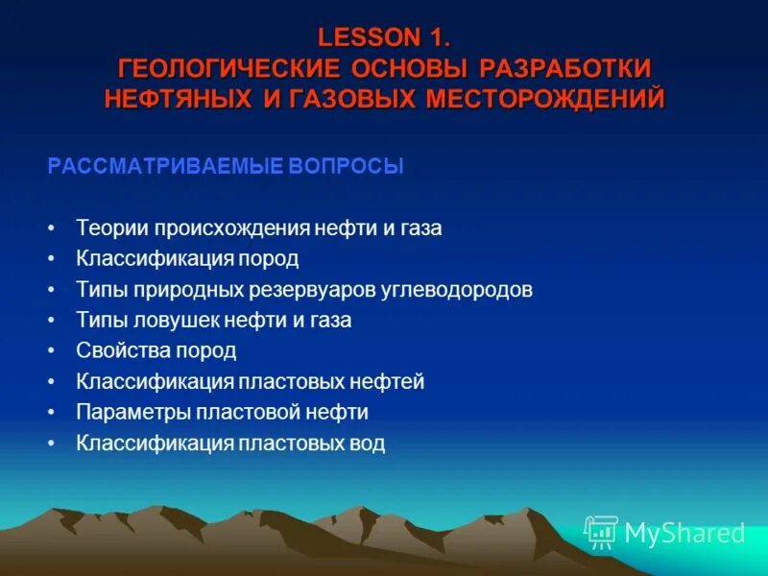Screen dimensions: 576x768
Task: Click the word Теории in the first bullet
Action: coord(108,228)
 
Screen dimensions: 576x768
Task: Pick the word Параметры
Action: coord(133,412)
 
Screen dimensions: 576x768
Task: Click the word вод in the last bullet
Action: coord(368,443)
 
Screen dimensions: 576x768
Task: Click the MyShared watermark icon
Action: coord(601,531)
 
